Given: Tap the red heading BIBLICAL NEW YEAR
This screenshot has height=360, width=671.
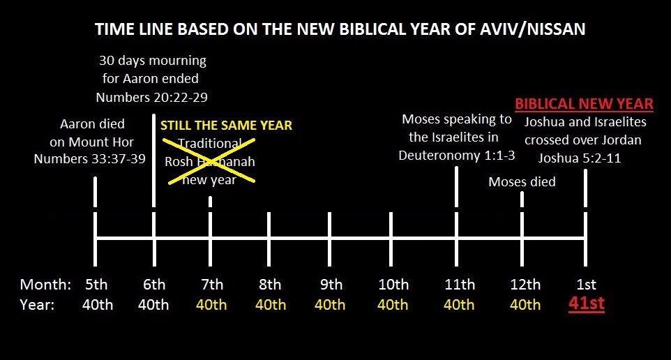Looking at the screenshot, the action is (x=584, y=104).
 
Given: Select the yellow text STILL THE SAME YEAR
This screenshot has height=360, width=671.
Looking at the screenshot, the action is (x=227, y=126).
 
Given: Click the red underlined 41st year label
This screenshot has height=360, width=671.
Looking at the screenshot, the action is (x=587, y=303).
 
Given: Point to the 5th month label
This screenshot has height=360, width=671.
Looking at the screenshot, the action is (x=96, y=284).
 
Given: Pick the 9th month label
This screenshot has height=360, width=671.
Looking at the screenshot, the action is (x=331, y=284).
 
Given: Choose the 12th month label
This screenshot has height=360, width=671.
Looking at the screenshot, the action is (x=525, y=284).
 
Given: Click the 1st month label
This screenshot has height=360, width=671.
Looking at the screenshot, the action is (x=587, y=284).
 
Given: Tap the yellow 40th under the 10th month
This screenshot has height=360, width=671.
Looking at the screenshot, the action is (x=393, y=305).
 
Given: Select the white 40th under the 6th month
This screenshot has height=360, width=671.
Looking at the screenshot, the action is (x=153, y=305).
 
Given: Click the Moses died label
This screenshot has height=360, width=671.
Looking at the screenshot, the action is (x=522, y=182).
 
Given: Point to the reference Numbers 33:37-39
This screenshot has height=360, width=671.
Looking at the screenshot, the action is (x=89, y=159).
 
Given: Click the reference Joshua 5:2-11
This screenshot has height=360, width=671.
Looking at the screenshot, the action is (x=580, y=158).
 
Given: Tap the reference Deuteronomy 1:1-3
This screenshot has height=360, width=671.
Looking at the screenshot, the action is (x=457, y=156).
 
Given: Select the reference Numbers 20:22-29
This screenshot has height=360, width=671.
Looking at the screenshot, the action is (x=151, y=98).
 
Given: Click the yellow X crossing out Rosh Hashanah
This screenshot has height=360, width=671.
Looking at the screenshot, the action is (x=209, y=161).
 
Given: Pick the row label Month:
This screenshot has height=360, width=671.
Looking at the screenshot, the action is (x=45, y=284).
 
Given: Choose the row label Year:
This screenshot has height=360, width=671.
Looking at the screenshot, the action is (x=37, y=305).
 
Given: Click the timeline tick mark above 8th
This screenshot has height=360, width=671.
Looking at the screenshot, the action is (x=269, y=239).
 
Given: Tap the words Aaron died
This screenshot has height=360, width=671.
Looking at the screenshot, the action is (x=93, y=124).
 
